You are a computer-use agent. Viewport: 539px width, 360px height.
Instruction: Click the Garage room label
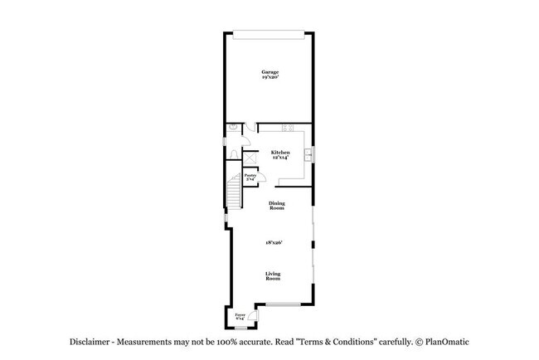coord(269,74)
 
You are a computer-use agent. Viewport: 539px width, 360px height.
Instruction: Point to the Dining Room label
coord(277,205)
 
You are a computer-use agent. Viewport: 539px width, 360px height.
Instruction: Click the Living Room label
coord(273,276)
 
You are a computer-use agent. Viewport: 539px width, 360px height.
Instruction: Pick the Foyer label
coord(240,316)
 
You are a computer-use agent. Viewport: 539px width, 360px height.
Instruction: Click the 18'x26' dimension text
coord(274,241)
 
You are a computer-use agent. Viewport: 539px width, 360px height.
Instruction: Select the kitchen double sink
coord(308,155)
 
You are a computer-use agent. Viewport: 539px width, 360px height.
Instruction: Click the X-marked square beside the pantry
coord(249,155)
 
